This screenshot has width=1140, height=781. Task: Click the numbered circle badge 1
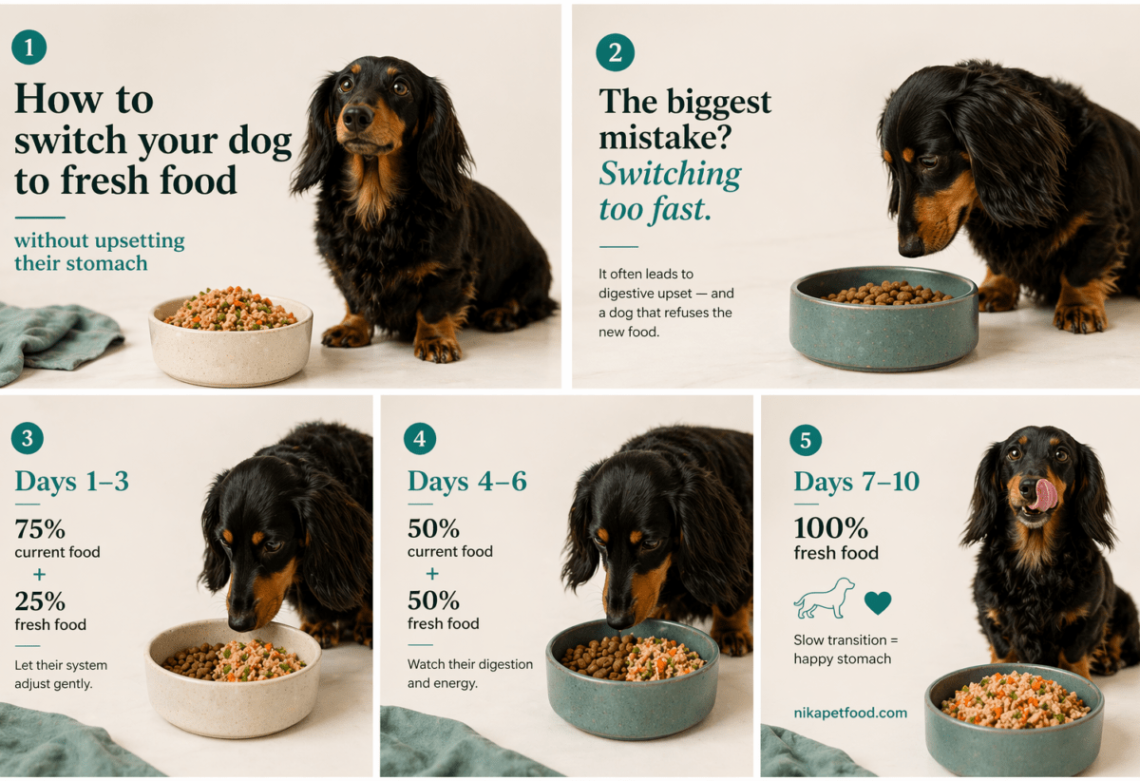point(28,47)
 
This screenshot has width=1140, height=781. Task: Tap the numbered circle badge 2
point(615,52)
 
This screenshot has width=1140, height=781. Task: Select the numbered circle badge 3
point(28,438)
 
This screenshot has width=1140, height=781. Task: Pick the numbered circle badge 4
point(420,439)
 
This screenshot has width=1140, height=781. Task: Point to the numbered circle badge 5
point(806,440)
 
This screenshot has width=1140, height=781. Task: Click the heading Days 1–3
point(72,481)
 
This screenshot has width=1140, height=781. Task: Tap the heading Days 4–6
point(466,482)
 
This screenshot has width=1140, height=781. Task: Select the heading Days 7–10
point(856,482)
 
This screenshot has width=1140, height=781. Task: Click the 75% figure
point(40,529)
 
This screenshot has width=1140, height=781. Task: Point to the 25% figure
point(40,601)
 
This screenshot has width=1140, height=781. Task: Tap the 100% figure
point(830,528)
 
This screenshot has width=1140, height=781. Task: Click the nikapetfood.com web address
point(850,713)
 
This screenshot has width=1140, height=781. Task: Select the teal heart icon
point(878,602)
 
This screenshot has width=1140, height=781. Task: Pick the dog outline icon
point(825,599)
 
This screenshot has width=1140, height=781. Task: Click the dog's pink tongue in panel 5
point(1046,493)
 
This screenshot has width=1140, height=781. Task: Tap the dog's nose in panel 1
point(357,118)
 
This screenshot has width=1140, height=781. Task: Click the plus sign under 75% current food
point(39,575)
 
